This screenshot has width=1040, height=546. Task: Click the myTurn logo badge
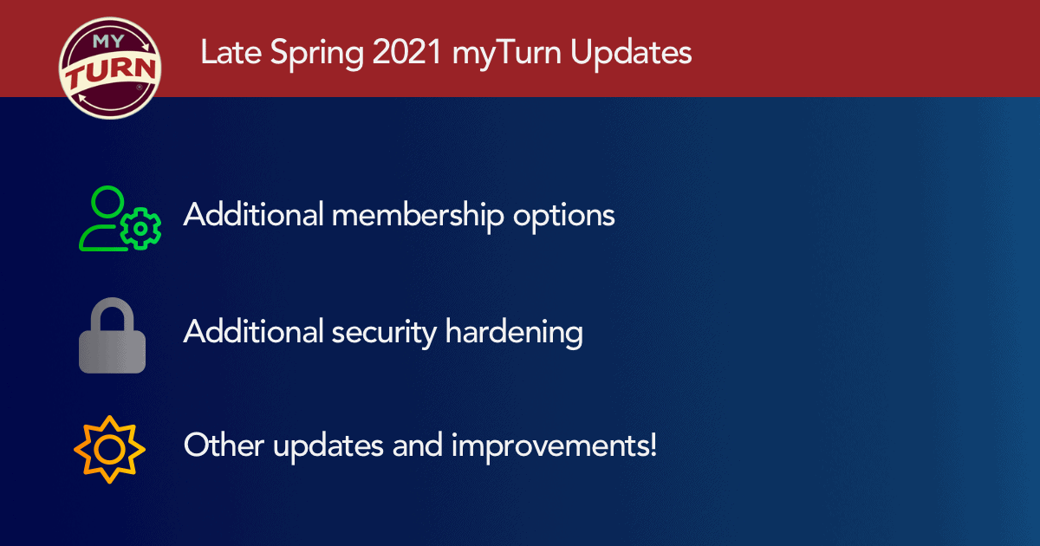[109, 68]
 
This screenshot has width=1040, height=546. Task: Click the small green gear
[141, 230]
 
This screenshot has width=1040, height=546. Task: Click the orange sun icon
[108, 449]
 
